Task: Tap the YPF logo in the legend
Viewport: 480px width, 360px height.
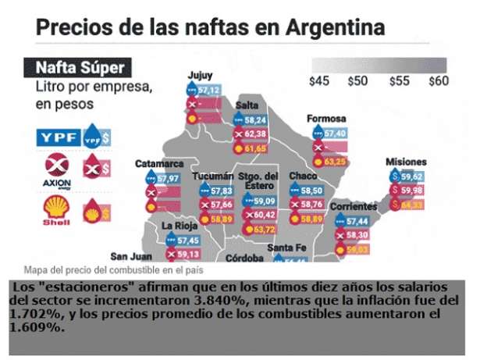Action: (x=59, y=137)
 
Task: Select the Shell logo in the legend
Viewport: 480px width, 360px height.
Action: (x=55, y=211)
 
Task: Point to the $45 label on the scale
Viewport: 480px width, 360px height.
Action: (x=321, y=80)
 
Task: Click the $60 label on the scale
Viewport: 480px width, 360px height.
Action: (x=439, y=80)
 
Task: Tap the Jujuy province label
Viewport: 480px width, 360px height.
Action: (x=200, y=76)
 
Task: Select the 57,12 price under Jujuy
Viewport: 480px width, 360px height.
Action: (x=209, y=91)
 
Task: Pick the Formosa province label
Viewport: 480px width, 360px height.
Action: (x=326, y=119)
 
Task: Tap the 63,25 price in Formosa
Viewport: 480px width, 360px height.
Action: (x=335, y=162)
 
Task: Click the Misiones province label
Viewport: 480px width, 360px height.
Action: (x=406, y=162)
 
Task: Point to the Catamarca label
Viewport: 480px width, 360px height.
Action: (x=159, y=164)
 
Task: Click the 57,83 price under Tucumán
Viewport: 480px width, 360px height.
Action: (x=222, y=191)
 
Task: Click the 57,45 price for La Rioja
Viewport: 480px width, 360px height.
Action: (x=188, y=240)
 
